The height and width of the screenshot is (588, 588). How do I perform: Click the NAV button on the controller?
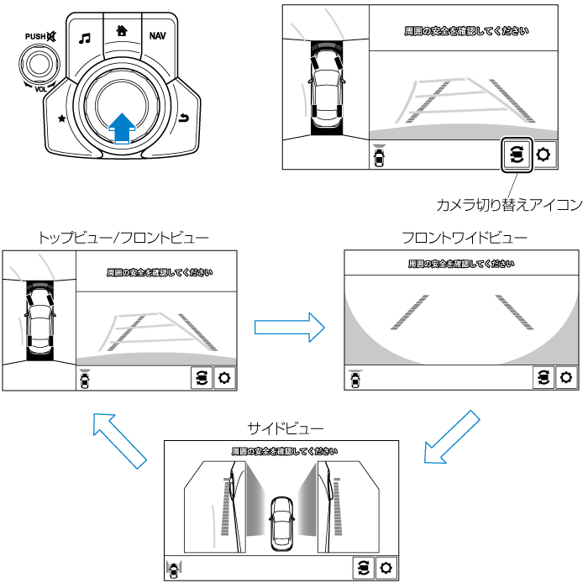157,35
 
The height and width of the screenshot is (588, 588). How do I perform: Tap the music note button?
84,38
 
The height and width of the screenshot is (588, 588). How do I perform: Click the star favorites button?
61,118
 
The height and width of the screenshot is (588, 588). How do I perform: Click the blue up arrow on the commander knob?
123,127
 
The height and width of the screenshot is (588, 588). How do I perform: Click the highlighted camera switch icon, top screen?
516,155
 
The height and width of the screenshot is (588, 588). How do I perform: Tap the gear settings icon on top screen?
544,155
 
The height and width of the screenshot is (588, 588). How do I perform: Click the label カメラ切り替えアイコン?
509,204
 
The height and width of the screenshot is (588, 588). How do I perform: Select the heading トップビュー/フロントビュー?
123,238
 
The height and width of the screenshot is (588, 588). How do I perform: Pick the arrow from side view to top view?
115,438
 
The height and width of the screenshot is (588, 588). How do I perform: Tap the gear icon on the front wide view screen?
567,378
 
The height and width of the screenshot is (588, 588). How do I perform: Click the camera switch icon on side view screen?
362,567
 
